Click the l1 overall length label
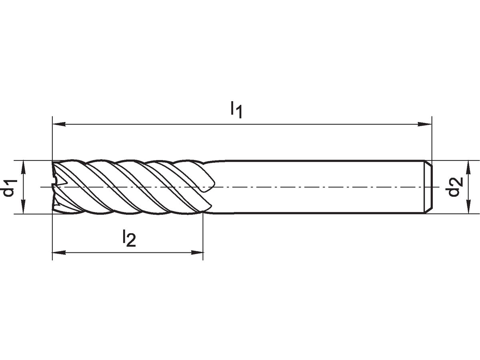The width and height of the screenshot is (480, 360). (x=236, y=110)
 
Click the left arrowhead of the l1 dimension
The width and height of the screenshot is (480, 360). (x=59, y=124)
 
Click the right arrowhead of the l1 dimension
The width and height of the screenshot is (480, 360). (x=425, y=124)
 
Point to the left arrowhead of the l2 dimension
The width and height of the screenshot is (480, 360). (x=59, y=253)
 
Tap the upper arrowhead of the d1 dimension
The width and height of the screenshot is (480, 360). (x=24, y=167)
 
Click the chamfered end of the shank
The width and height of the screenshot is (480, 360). (x=428, y=187)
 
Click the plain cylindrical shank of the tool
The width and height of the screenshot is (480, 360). (x=317, y=187)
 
